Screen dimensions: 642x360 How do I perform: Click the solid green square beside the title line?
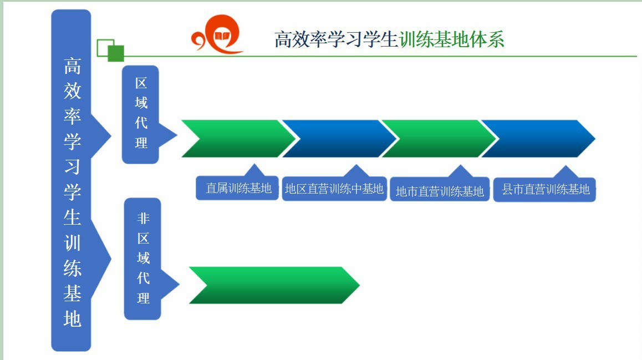(116, 53)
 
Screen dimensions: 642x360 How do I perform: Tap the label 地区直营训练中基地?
(334, 189)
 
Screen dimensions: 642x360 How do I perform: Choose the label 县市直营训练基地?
(546, 189)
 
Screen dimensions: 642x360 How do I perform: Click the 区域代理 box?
(140, 115)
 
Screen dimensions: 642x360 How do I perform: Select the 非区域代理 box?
(142, 259)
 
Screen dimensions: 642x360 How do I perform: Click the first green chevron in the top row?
(238, 139)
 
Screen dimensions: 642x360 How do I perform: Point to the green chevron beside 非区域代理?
(274, 285)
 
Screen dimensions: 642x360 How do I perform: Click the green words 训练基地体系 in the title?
(452, 39)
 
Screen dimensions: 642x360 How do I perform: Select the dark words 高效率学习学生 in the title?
(336, 39)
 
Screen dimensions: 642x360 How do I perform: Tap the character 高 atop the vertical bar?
(72, 66)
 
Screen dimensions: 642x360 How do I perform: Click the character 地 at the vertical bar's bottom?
(72, 318)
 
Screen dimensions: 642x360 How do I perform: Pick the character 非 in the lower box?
(143, 219)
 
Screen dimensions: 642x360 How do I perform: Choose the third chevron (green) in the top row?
(439, 139)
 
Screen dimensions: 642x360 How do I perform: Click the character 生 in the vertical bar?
(72, 217)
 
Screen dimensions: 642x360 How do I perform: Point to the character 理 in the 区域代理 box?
(141, 143)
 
